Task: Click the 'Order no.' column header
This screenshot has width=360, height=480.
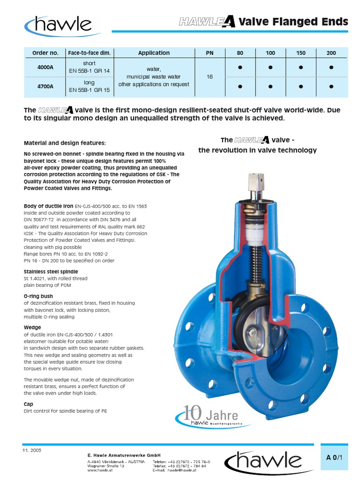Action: tap(45, 53)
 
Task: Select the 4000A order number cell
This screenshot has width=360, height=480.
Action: tap(45, 67)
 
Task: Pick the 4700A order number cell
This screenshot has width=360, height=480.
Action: tap(45, 87)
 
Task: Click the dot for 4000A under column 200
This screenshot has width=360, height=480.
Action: tap(331, 67)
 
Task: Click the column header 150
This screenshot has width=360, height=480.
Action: tap(300, 53)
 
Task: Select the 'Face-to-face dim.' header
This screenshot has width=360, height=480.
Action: tap(89, 53)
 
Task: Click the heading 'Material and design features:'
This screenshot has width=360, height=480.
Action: tap(65, 142)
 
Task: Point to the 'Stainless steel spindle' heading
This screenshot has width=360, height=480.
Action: tap(51, 271)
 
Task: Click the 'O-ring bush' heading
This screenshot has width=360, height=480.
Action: tap(38, 296)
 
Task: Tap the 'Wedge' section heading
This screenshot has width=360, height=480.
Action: tap(32, 327)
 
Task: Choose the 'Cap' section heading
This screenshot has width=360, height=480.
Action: tap(28, 404)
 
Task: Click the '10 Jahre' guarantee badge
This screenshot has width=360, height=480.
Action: tap(206, 415)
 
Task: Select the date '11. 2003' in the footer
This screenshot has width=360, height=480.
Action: tap(31, 450)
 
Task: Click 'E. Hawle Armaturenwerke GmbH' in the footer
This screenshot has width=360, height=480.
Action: tap(124, 455)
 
